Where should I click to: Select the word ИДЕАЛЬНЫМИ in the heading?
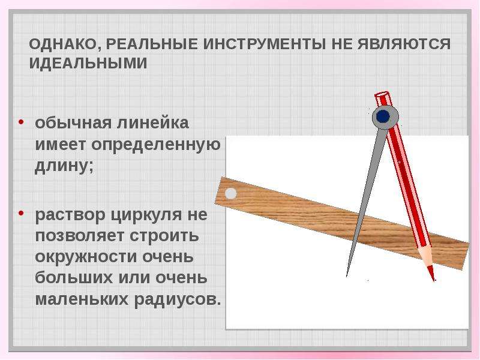(88, 63)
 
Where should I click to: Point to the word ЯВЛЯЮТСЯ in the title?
(404, 44)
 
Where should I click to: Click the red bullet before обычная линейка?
(21, 122)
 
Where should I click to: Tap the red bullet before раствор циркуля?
(21, 213)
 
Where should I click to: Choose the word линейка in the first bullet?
(153, 123)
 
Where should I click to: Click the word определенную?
(156, 145)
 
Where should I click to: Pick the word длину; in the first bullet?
(64, 166)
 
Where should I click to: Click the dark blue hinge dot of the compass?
(383, 116)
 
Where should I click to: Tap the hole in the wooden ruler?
(230, 193)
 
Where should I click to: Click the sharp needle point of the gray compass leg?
(347, 277)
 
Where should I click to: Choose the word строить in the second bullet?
(164, 236)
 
